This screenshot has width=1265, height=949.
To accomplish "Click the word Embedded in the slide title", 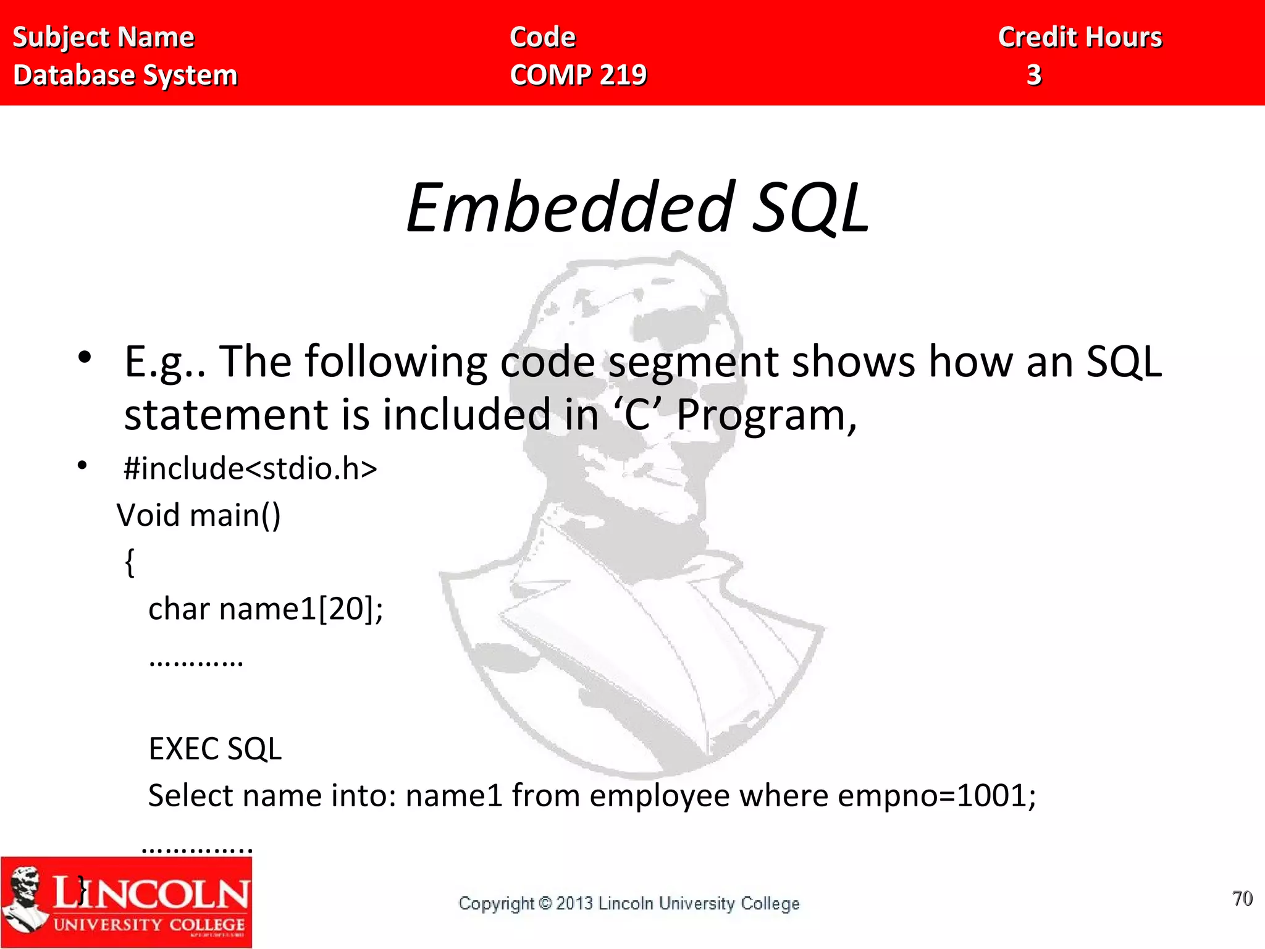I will click(569, 208).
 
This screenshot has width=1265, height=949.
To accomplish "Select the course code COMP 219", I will click(578, 75).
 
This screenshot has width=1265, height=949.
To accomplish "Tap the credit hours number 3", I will click(1034, 75).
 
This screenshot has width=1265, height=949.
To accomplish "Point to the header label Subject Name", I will click(104, 37).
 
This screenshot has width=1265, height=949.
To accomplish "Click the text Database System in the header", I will click(125, 75).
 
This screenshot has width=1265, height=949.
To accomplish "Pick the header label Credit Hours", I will click(1080, 37).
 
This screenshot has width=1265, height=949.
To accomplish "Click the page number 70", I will click(1242, 898).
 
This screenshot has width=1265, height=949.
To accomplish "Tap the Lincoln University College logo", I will click(127, 902).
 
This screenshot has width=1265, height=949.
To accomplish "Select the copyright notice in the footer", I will click(629, 903).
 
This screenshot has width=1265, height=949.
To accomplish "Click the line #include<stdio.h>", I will click(250, 468).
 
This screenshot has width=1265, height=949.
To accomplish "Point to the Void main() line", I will click(199, 515).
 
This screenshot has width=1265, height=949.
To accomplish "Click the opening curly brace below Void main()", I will click(130, 562).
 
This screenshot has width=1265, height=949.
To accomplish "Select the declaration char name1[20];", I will click(266, 609).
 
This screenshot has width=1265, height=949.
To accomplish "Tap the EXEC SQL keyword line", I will click(215, 749).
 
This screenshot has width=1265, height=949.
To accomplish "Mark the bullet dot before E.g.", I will click(85, 357).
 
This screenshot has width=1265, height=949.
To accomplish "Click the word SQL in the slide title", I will click(810, 208).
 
